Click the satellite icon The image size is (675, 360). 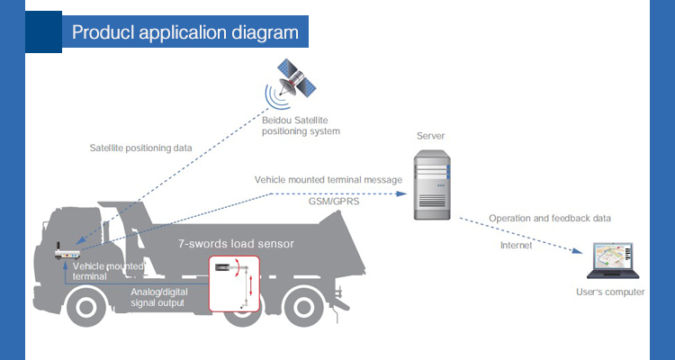tap(296, 78)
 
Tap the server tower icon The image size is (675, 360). tap(432, 184)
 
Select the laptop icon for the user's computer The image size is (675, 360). tap(613, 260)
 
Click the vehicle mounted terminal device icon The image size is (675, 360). tap(67, 251)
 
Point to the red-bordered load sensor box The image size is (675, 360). tap(234, 283)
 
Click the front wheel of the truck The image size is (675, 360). tap(86, 306)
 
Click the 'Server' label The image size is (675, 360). tap(430, 136)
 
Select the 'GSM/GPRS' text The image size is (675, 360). tap(334, 201)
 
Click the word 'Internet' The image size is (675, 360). tap(517, 246)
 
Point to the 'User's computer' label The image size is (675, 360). tap(610, 292)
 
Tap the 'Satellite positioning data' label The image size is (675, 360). tap(140, 148)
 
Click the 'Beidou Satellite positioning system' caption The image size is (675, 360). tap(301, 125)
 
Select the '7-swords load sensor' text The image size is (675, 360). tap(236, 244)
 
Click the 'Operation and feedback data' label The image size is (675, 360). tap(550, 219)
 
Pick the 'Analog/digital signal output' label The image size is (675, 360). tap(158, 297)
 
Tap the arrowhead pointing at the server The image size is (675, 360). tap(401, 193)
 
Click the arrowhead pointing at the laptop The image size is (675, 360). tap(577, 250)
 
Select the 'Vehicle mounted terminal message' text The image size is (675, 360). tap(328, 180)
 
